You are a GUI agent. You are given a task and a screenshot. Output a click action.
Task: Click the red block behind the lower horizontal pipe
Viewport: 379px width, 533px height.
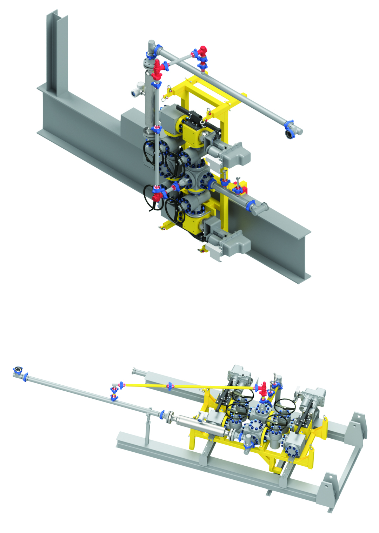pyautogui.click(x=243, y=190)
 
